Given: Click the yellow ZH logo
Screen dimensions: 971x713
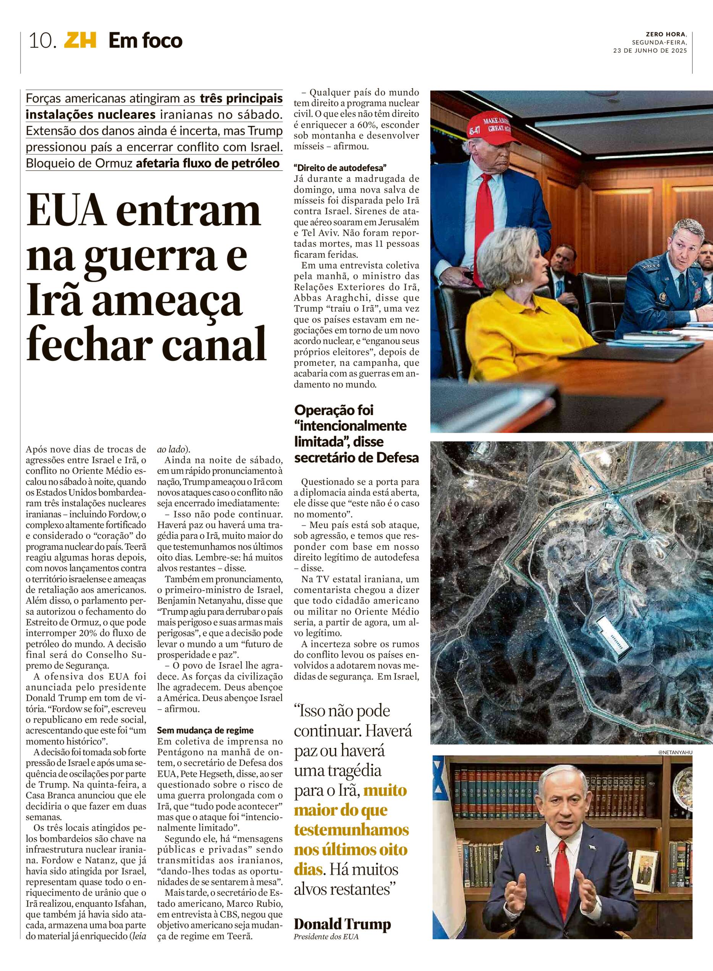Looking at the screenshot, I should coord(80,41).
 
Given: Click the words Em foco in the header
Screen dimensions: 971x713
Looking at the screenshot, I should coord(146,41).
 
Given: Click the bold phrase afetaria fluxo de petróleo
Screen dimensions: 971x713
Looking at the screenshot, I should coord(208,163).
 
